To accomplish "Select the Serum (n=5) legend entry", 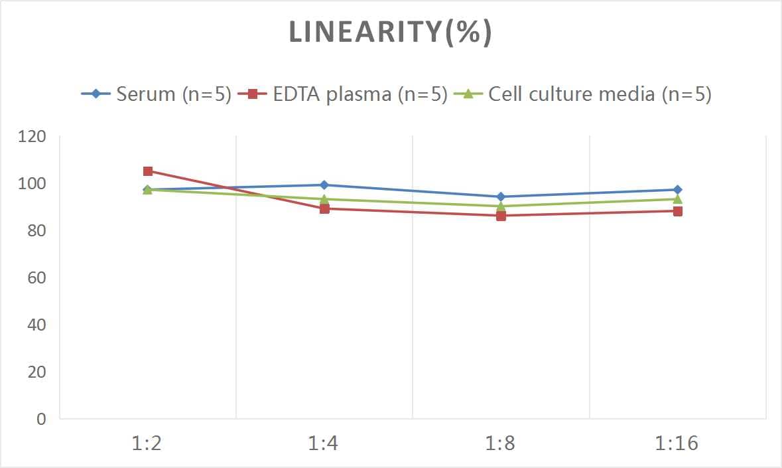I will pyautogui.click(x=157, y=94).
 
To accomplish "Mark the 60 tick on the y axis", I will pyautogui.click(x=36, y=277).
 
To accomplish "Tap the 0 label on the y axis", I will pyautogui.click(x=42, y=419).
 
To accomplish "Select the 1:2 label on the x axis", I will pyautogui.click(x=147, y=443).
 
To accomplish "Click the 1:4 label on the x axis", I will pyautogui.click(x=324, y=443).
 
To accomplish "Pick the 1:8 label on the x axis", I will pyautogui.click(x=501, y=443).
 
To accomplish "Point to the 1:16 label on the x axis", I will pyautogui.click(x=677, y=443).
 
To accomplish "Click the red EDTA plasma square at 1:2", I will pyautogui.click(x=148, y=171).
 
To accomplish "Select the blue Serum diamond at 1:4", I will pyautogui.click(x=324, y=185).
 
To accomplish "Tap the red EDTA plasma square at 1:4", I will pyautogui.click(x=324, y=208).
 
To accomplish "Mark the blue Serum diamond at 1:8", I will pyautogui.click(x=501, y=196).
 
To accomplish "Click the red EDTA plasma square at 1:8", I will pyautogui.click(x=501, y=216).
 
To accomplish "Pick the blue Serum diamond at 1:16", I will pyautogui.click(x=677, y=190).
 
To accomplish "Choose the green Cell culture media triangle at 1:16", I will pyautogui.click(x=677, y=199).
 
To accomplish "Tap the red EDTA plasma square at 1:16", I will pyautogui.click(x=677, y=211).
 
